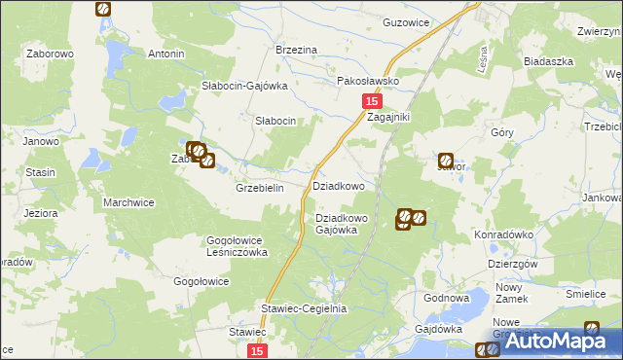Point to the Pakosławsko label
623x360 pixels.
coord(368,82)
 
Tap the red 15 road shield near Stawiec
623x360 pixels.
coord(256,351)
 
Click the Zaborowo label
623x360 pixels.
coord(51,54)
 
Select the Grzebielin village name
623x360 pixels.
coord(259,189)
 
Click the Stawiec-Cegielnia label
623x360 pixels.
coord(304,308)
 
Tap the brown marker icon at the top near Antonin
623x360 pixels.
coord(103,10)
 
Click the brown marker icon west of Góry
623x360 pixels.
coord(446,161)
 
